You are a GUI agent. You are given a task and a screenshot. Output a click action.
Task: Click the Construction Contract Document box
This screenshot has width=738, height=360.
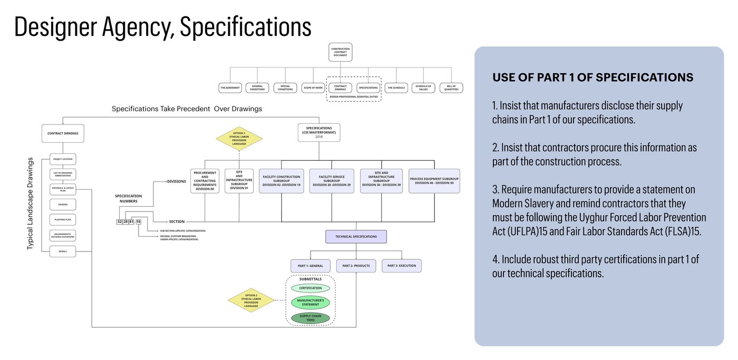pyautogui.click(x=340, y=52)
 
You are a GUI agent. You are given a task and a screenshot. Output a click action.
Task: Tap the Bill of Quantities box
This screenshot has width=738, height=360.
pyautogui.click(x=451, y=87)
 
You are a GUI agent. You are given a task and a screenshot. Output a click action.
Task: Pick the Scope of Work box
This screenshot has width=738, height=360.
pyautogui.click(x=313, y=87)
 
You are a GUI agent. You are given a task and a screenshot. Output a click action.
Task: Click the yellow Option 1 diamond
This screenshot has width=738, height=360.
pyautogui.click(x=239, y=139)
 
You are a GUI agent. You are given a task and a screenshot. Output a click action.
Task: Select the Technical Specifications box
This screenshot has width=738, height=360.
pyautogui.click(x=356, y=237)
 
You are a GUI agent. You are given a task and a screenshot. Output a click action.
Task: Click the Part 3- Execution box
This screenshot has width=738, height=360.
pyautogui.click(x=402, y=266)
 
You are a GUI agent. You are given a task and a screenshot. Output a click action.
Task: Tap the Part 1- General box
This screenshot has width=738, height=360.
pyautogui.click(x=310, y=266)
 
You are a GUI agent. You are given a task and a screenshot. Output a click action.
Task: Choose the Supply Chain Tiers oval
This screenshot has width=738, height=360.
pyautogui.click(x=310, y=318)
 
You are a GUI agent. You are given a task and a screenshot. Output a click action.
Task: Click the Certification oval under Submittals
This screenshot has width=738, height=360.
pyautogui.click(x=310, y=288)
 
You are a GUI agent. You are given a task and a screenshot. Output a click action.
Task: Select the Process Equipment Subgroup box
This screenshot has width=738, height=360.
pyautogui.click(x=434, y=181)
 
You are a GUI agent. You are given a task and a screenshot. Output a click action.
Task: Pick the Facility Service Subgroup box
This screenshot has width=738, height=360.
pyautogui.click(x=332, y=181)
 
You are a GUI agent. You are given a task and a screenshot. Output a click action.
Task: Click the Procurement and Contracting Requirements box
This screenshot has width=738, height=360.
pyautogui.click(x=205, y=181)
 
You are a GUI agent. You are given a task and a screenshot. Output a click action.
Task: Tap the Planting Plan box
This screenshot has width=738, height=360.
pyautogui.click(x=63, y=219)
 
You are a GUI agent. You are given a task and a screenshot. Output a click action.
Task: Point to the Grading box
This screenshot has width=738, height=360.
pyautogui.click(x=63, y=203)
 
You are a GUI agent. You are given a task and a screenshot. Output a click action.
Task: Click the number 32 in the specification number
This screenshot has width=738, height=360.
pyautogui.click(x=119, y=222)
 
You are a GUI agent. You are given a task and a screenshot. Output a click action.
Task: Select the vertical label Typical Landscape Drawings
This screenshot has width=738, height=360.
pyautogui.click(x=30, y=203)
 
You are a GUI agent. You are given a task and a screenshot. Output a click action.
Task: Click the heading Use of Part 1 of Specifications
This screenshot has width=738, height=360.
pyautogui.click(x=593, y=77)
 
